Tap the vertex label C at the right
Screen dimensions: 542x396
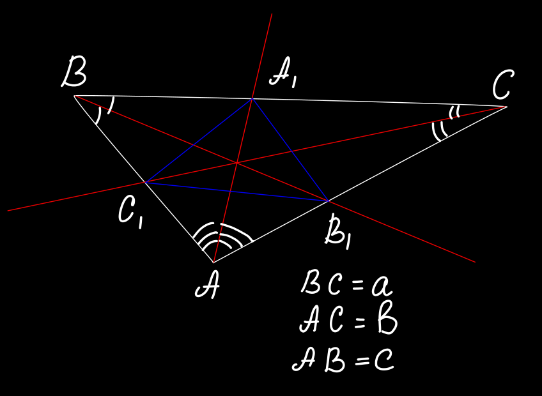503,85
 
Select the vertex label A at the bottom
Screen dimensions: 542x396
207,288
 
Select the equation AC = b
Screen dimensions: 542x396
348,321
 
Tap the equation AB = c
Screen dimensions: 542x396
343,361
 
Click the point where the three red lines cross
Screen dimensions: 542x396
237,163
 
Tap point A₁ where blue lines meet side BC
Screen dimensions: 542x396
252,98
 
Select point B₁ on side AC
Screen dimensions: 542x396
328,201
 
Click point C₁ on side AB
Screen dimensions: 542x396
145,183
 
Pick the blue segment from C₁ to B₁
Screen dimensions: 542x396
236,192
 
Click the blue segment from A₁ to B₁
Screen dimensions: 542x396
290,149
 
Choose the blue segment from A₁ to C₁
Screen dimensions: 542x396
199,141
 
